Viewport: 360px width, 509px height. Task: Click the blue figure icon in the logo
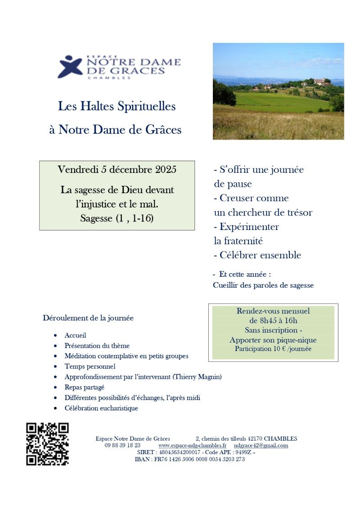[70, 67]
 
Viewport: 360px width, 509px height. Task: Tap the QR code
[47, 444]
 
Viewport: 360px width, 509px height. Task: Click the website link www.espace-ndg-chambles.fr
[192, 446]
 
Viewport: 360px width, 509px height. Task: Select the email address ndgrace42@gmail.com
[261, 446]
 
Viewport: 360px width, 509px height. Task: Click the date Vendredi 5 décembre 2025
[117, 170]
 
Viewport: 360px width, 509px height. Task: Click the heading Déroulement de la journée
[88, 318]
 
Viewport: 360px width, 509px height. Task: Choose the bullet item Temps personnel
[90, 366]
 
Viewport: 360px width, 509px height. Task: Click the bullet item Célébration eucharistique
[101, 408]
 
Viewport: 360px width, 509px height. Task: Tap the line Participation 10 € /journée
[273, 349]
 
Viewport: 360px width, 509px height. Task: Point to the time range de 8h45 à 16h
[273, 320]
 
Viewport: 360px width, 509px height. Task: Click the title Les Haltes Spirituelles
[117, 107]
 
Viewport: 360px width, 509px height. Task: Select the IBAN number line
[190, 459]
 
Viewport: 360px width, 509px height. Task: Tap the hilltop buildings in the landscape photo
[321, 81]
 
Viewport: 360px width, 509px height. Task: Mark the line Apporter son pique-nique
[273, 340]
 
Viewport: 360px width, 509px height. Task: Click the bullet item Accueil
[75, 335]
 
